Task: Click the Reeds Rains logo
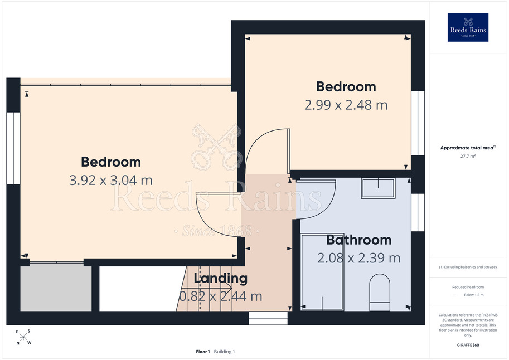coord(468,27)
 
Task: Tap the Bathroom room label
coord(358,240)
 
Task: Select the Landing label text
coord(220,278)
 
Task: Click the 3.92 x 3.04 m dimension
coord(111,180)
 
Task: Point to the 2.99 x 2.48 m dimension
coord(346,105)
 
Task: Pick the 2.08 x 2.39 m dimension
coord(358,258)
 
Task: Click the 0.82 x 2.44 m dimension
coord(221,296)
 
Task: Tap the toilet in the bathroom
coord(380,292)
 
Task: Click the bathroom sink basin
coord(378,188)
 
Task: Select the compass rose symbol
coord(23,337)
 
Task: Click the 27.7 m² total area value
coord(468,156)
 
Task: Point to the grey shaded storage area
coord(56,288)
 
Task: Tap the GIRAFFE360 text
coord(468,345)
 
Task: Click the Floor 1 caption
coord(203,352)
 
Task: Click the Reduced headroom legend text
coord(468,287)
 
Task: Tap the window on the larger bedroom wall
coord(13,148)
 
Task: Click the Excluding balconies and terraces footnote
coord(468,267)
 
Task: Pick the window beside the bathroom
coord(418,213)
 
